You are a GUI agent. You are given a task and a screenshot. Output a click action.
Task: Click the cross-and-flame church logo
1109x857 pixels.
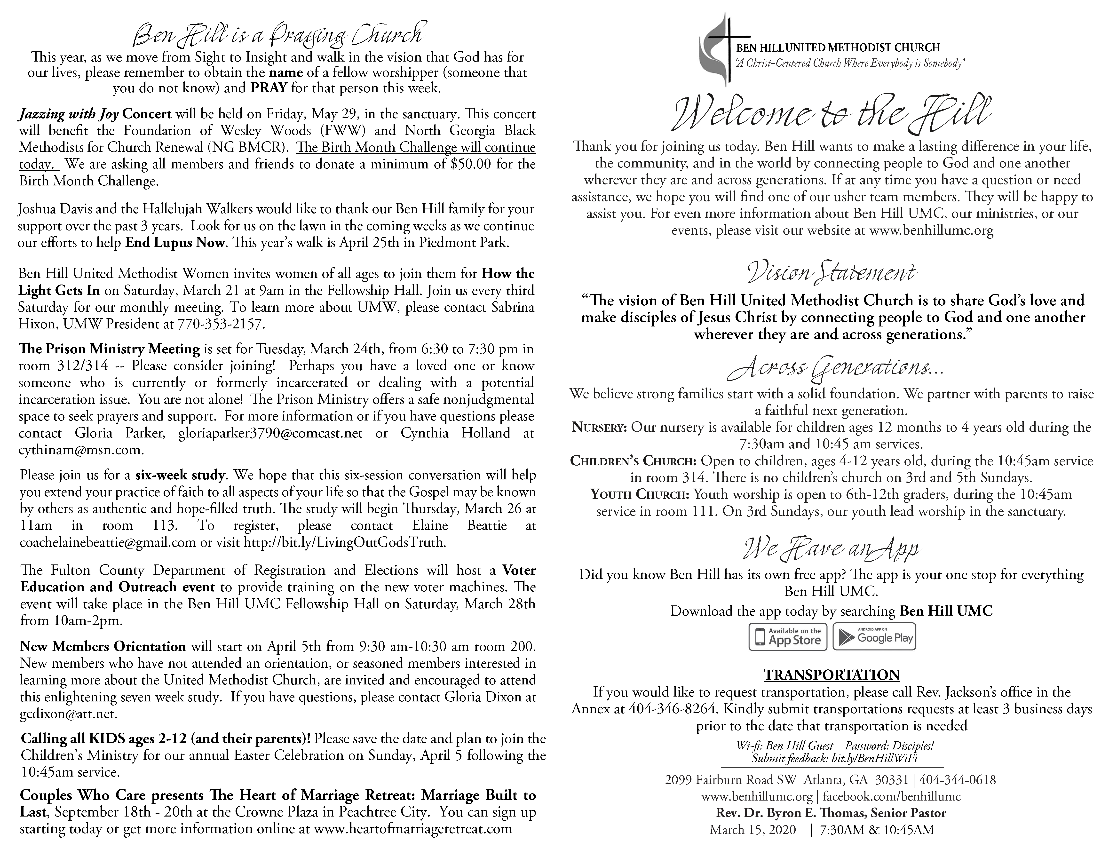(x=716, y=48)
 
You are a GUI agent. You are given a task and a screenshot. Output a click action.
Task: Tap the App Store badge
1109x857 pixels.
(x=788, y=637)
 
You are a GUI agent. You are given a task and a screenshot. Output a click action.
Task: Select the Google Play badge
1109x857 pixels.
(x=874, y=637)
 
